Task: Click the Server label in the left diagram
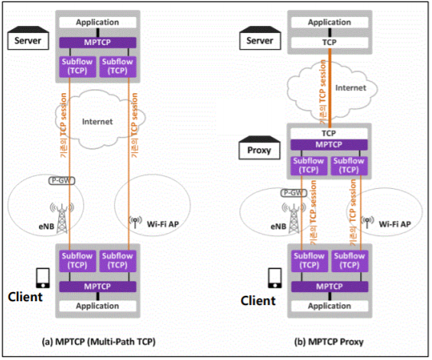pos(28,41)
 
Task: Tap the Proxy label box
pos(259,151)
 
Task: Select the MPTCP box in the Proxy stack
pos(329,144)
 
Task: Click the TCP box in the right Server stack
pos(330,42)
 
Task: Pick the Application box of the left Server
pos(98,22)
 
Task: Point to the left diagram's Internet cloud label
pos(97,122)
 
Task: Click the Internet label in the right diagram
pos(350,88)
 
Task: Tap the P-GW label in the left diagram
pos(61,180)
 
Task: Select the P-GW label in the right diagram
pos(294,193)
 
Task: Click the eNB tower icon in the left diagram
pos(62,219)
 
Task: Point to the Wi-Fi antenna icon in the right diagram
pos(367,222)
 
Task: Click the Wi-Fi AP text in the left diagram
pos(163,224)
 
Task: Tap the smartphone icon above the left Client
pos(43,278)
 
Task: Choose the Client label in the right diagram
pos(258,300)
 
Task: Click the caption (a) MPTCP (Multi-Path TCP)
pos(99,342)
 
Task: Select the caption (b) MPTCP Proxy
pos(329,342)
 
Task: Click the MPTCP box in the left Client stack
pos(98,287)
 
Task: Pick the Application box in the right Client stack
pos(330,306)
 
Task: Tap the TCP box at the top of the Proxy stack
pos(329,134)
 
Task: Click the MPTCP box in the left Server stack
pos(98,43)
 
